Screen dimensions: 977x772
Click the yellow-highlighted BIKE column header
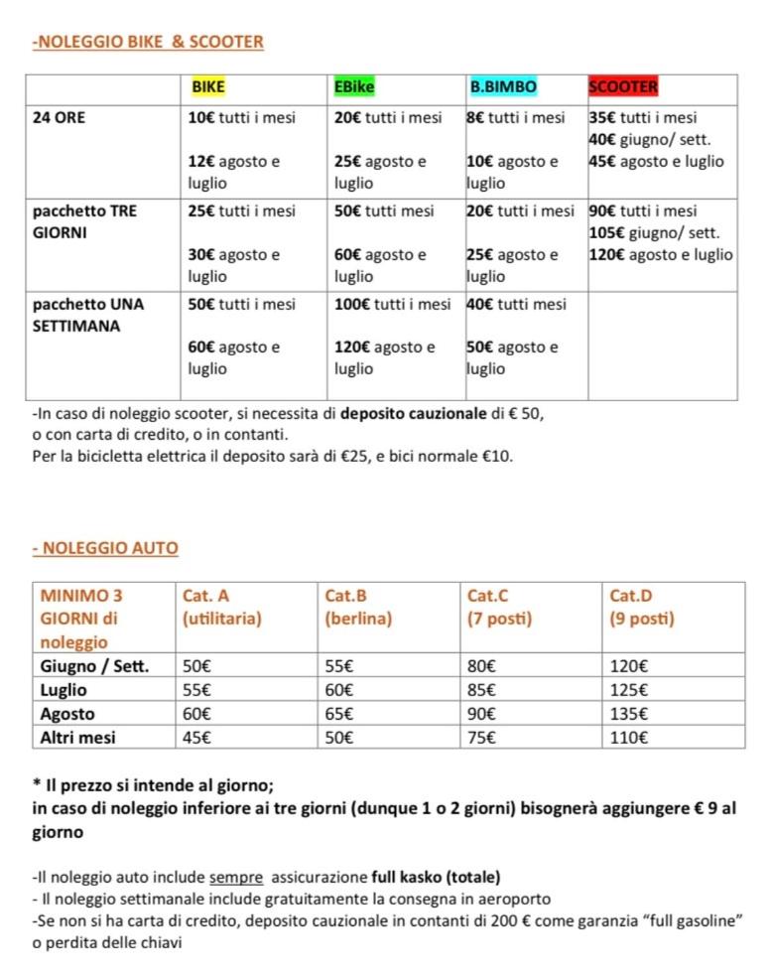pos(208,87)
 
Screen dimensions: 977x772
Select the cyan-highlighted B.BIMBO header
pos(503,87)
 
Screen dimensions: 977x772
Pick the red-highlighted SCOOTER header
pos(623,87)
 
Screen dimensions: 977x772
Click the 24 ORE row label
pos(60,118)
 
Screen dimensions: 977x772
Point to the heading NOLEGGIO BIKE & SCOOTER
pos(148,42)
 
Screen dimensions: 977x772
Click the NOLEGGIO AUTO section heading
pos(105,547)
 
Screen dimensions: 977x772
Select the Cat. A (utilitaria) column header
pos(222,607)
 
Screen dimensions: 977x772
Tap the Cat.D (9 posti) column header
pos(642,607)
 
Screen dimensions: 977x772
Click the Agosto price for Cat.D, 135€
pos(630,714)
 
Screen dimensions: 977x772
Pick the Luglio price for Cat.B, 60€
pos(339,690)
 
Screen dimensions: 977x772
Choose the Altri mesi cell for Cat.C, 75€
pos(483,738)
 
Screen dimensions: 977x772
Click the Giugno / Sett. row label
pos(95,666)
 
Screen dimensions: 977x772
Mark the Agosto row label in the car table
pos(67,714)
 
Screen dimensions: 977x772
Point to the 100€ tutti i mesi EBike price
pos(392,305)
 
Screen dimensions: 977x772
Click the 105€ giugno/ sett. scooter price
pos(654,233)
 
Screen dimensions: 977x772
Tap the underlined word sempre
pos(236,877)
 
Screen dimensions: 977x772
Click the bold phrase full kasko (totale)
pos(437,877)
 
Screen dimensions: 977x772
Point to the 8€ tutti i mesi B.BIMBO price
pos(516,118)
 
